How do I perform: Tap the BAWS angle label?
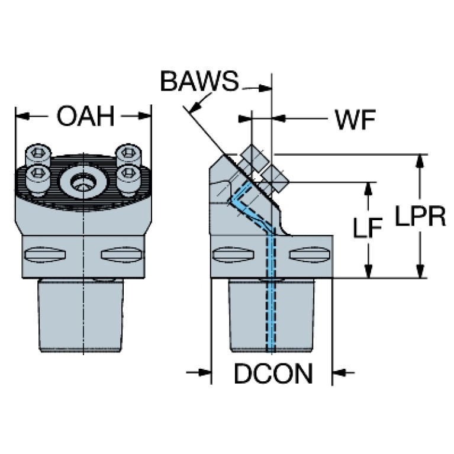coord(199,81)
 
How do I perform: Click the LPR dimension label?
coord(420,217)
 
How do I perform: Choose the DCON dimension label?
coord(272,373)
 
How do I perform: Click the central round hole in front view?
coord(83,183)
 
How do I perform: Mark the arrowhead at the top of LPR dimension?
coord(420,160)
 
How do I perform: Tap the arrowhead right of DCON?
coord(339,372)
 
